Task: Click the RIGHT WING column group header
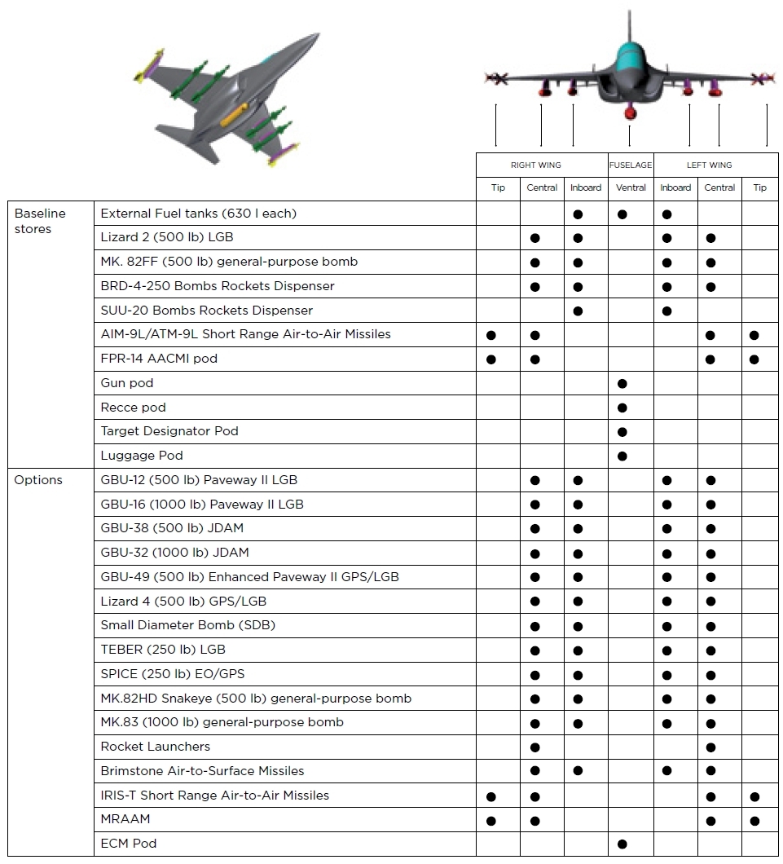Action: point(535,165)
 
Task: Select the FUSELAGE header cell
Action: point(631,165)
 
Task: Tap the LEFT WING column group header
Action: point(709,165)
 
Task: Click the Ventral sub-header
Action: point(631,187)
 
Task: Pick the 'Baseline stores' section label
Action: point(40,221)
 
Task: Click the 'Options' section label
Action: point(38,480)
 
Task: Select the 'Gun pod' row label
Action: point(127,383)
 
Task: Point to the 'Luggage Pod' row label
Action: point(142,456)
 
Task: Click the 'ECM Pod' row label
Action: point(129,844)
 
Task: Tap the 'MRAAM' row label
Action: point(125,819)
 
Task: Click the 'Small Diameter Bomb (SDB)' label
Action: point(188,625)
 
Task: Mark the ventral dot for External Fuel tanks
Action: point(622,214)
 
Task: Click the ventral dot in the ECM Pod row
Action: point(622,844)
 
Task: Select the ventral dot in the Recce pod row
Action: point(622,408)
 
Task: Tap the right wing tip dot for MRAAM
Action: point(490,821)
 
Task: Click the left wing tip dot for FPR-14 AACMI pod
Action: point(754,359)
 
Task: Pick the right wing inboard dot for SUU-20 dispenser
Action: point(578,311)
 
